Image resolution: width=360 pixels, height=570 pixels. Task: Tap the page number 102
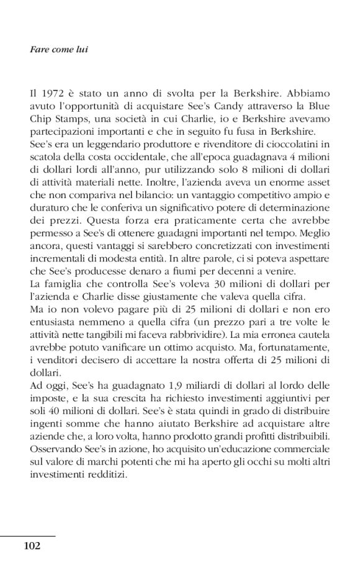(32, 546)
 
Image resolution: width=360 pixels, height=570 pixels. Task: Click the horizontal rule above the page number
(28, 535)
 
